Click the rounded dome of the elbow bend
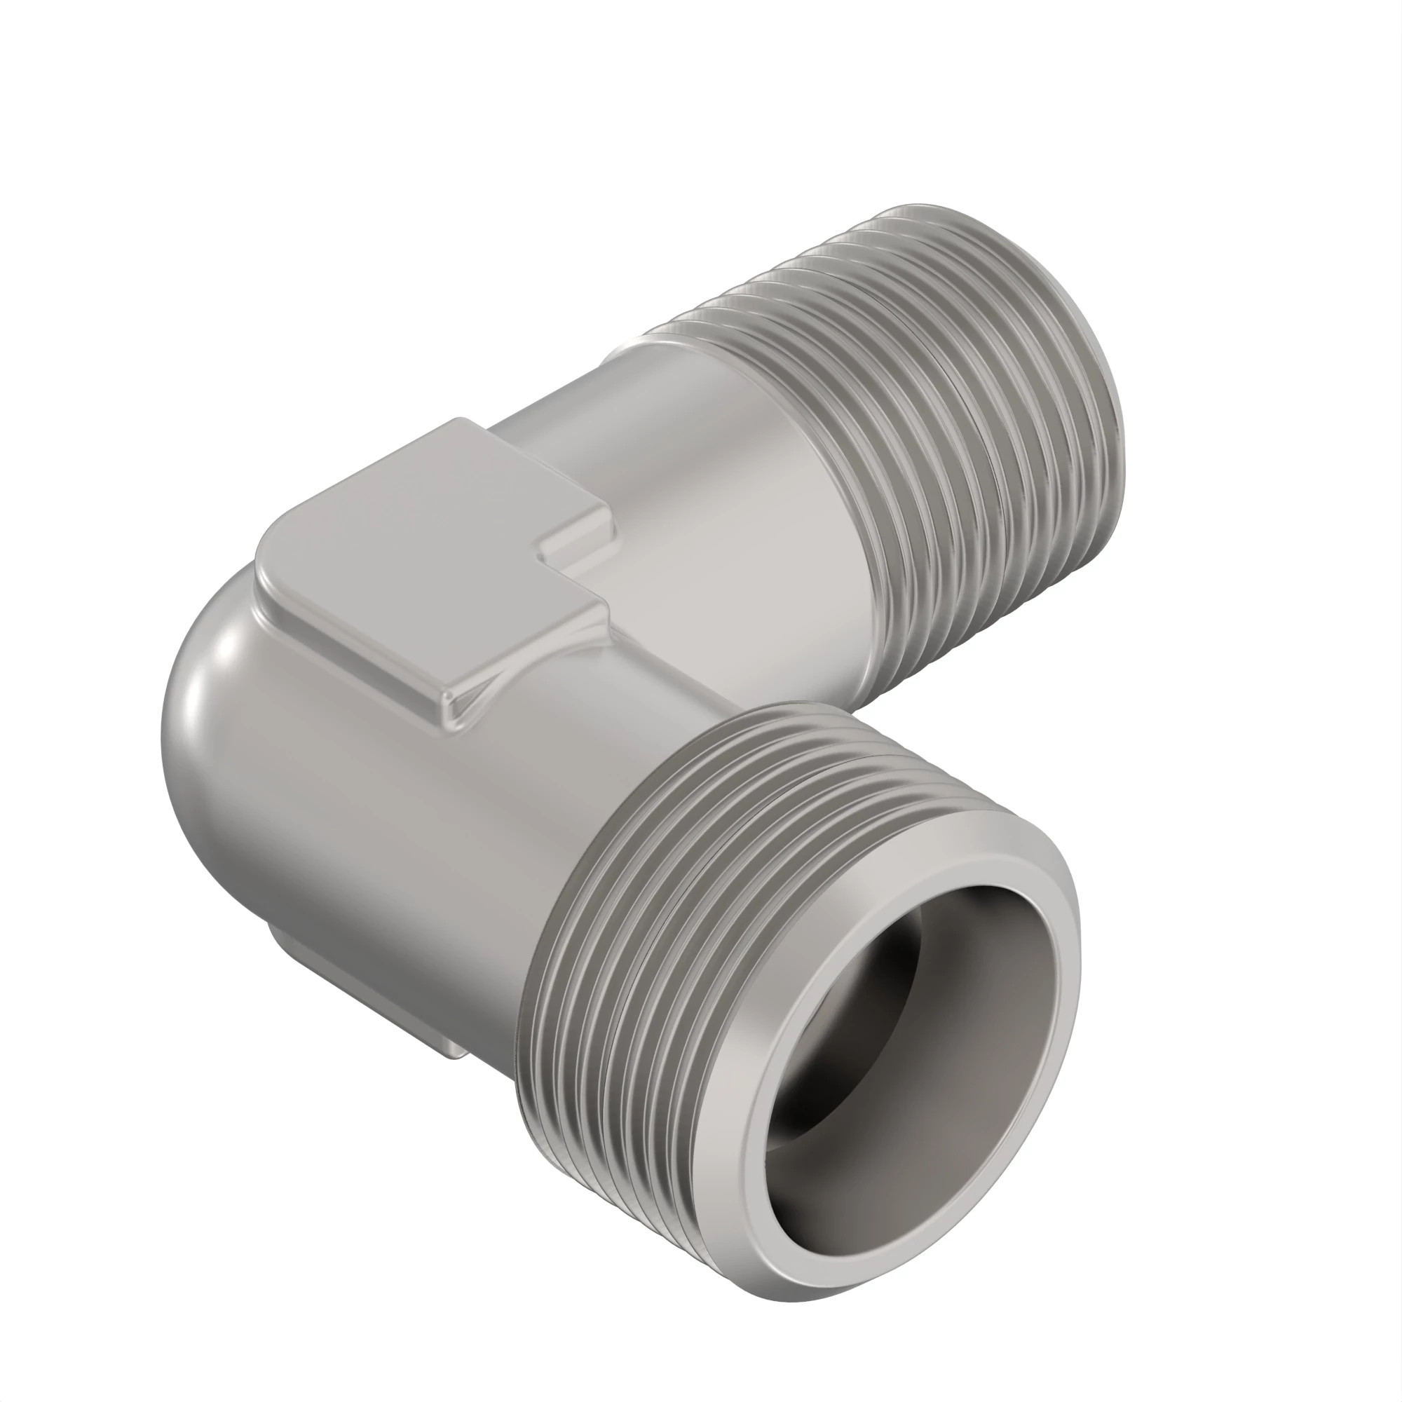[x=218, y=726]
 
